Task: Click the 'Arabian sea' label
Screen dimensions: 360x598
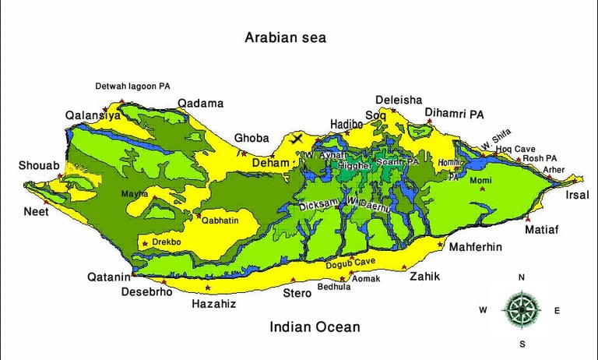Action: [x=285, y=37]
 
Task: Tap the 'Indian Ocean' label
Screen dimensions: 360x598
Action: [x=315, y=327]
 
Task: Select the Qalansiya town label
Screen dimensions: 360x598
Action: [x=93, y=115]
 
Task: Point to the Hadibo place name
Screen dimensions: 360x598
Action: [x=346, y=124]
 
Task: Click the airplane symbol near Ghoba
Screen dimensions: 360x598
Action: [x=296, y=139]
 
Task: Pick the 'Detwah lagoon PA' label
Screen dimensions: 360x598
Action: [x=132, y=86]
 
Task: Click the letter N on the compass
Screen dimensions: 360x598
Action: [x=522, y=277]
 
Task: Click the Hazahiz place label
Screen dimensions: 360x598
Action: [x=213, y=304]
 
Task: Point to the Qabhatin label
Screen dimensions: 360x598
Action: [x=220, y=221]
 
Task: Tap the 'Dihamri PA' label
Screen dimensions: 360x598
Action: [x=454, y=115]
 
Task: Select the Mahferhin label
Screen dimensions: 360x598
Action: [x=475, y=247]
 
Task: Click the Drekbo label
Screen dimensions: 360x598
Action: [x=167, y=242]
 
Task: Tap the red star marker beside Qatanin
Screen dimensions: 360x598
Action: [x=133, y=275]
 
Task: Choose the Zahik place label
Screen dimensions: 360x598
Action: [x=425, y=277]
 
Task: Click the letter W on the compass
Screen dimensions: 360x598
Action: [x=483, y=310]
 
